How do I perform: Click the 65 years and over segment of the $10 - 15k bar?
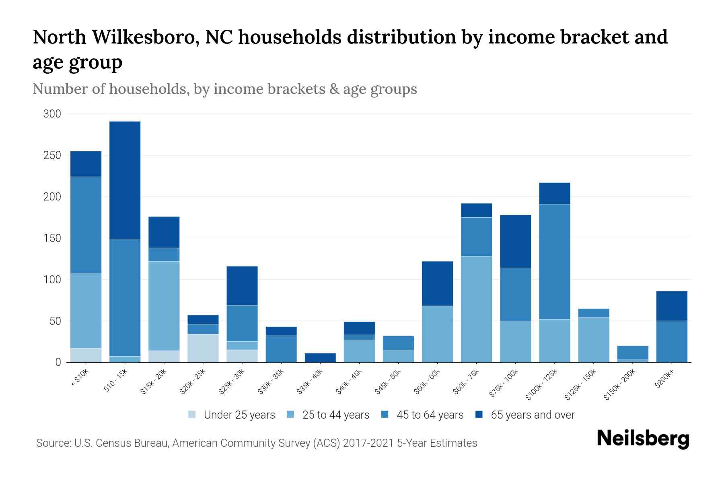pyautogui.click(x=125, y=180)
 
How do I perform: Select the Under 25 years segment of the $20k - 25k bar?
pyautogui.click(x=203, y=348)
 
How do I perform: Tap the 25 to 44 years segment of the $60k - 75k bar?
pyautogui.click(x=476, y=309)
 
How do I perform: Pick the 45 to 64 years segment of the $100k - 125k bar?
pyautogui.click(x=555, y=262)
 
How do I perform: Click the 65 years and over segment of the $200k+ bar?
pyautogui.click(x=672, y=306)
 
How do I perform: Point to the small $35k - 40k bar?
pyautogui.click(x=320, y=357)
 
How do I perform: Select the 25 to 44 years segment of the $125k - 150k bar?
pyautogui.click(x=594, y=340)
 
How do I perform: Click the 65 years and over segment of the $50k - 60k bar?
pyautogui.click(x=437, y=284)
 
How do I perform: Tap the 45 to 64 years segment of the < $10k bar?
pyautogui.click(x=86, y=225)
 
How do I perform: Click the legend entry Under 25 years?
pyautogui.click(x=239, y=415)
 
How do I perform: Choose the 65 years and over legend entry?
pyautogui.click(x=532, y=415)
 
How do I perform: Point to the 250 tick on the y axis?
pyautogui.click(x=52, y=155)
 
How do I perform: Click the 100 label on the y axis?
pyautogui.click(x=52, y=280)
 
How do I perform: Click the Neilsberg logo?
pyautogui.click(x=643, y=439)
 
